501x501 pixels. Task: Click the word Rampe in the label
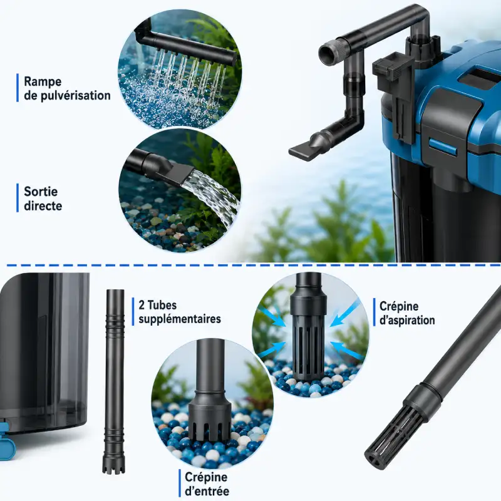(x=43, y=81)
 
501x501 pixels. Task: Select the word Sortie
(x=41, y=192)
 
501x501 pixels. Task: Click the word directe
(x=43, y=205)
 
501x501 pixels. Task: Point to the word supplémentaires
(x=180, y=319)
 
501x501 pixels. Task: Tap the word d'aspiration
(x=407, y=320)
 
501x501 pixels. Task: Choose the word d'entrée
(x=207, y=491)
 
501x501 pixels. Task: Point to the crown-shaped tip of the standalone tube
(x=114, y=464)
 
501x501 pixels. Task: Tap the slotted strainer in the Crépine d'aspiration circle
(x=309, y=338)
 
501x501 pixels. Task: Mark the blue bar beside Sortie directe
(x=18, y=198)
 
